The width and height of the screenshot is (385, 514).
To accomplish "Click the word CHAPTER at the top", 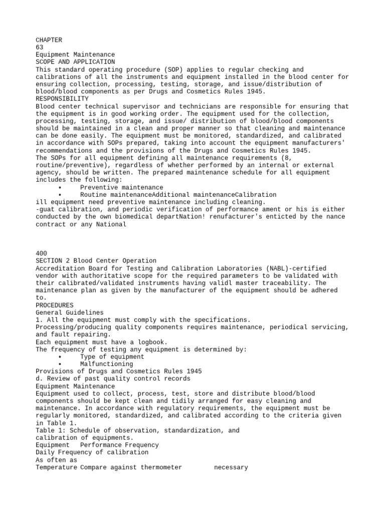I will tap(49, 40).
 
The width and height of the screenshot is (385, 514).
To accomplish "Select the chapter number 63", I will tap(40, 47).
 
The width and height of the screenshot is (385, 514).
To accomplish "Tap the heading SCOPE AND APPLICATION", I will tap(75, 62).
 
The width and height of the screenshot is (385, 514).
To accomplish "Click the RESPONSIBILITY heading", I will tap(62, 99).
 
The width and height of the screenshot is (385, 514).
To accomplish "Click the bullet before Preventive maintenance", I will tap(60, 187).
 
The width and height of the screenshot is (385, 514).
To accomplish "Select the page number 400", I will tap(42, 253).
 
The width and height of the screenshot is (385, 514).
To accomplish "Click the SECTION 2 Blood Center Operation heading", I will tap(96, 261).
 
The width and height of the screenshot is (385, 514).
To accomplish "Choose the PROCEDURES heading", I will tap(55, 305).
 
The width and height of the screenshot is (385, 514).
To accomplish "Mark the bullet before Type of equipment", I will tap(60, 357).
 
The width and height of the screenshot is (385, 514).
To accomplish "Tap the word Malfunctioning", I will tap(107, 364).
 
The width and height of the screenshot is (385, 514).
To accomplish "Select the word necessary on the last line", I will tap(231, 467).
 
